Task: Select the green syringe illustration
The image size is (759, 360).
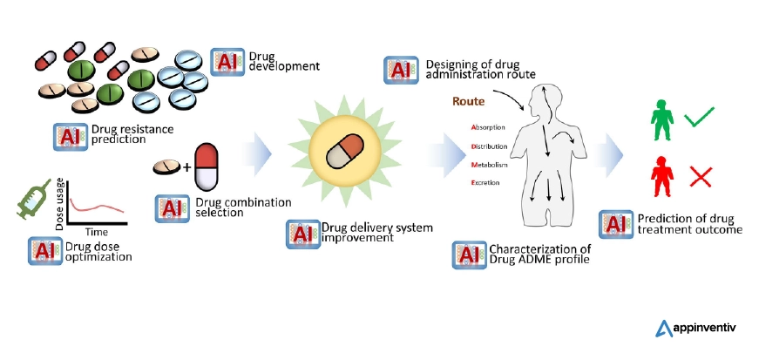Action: coord(36,198)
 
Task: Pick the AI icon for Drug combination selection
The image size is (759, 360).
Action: coord(172,207)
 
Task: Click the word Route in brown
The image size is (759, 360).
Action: coord(467,102)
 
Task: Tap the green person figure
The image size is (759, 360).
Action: coord(664,121)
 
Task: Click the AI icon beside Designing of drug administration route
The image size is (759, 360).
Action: coord(400,69)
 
